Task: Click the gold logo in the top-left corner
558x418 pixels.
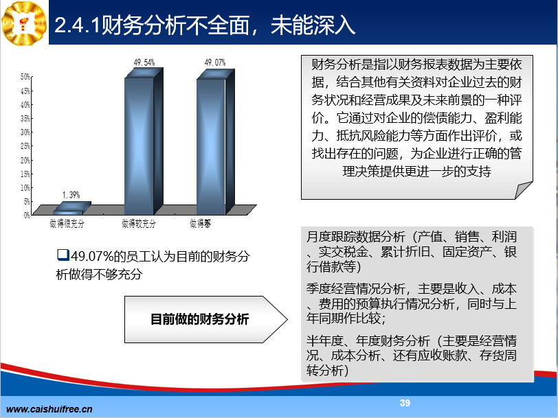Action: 24,23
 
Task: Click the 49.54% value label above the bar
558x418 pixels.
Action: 144,63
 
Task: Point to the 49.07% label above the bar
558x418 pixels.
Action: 215,63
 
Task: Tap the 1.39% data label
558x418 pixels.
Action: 71,195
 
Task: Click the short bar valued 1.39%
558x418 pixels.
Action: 72,208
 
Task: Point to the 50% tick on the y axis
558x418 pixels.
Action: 25,77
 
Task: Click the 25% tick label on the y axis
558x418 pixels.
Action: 25,146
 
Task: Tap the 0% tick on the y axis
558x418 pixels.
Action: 27,215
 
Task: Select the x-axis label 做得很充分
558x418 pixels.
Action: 67,224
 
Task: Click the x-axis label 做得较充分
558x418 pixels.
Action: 138,224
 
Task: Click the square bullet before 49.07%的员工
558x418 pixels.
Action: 63,255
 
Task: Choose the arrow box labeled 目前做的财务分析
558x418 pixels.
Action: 205,319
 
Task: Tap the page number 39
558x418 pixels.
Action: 405,403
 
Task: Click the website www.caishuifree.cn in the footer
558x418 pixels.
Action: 49,409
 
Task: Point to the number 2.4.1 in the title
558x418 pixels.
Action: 77,25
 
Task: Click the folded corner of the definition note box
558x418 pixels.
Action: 524,190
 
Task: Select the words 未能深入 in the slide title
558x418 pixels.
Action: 313,25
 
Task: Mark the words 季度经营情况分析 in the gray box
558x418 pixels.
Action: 355,288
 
